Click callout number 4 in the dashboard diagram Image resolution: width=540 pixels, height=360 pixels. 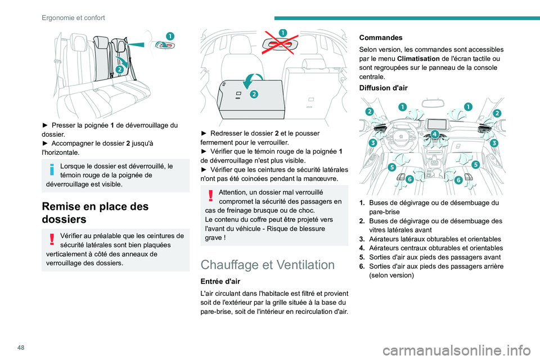coord(435,134)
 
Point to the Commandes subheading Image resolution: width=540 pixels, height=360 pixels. coord(381,38)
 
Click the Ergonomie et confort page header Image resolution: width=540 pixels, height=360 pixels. coord(73,18)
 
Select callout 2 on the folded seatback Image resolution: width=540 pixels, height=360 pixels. coord(253,94)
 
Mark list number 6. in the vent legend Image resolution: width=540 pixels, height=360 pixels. coord(363,265)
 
